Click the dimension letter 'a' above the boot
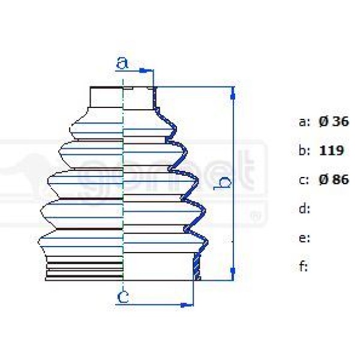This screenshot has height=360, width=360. [122, 62]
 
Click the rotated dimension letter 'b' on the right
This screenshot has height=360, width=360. [223, 185]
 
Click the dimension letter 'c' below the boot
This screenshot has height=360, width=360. [122, 296]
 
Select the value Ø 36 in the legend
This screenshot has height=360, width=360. [334, 122]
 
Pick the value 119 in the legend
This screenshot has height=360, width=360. [332, 151]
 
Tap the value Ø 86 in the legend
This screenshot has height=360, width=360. [334, 179]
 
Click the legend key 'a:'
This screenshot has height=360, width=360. [304, 122]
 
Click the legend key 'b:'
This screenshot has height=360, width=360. [304, 151]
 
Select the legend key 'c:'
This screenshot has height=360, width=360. [304, 179]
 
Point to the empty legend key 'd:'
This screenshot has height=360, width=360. [304, 209]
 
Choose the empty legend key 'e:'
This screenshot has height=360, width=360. [304, 238]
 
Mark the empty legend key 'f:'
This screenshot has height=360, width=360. [304, 266]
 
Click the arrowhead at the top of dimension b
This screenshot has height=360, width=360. [233, 91]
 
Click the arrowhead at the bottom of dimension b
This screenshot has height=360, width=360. [233, 275]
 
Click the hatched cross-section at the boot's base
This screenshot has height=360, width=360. [196, 266]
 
